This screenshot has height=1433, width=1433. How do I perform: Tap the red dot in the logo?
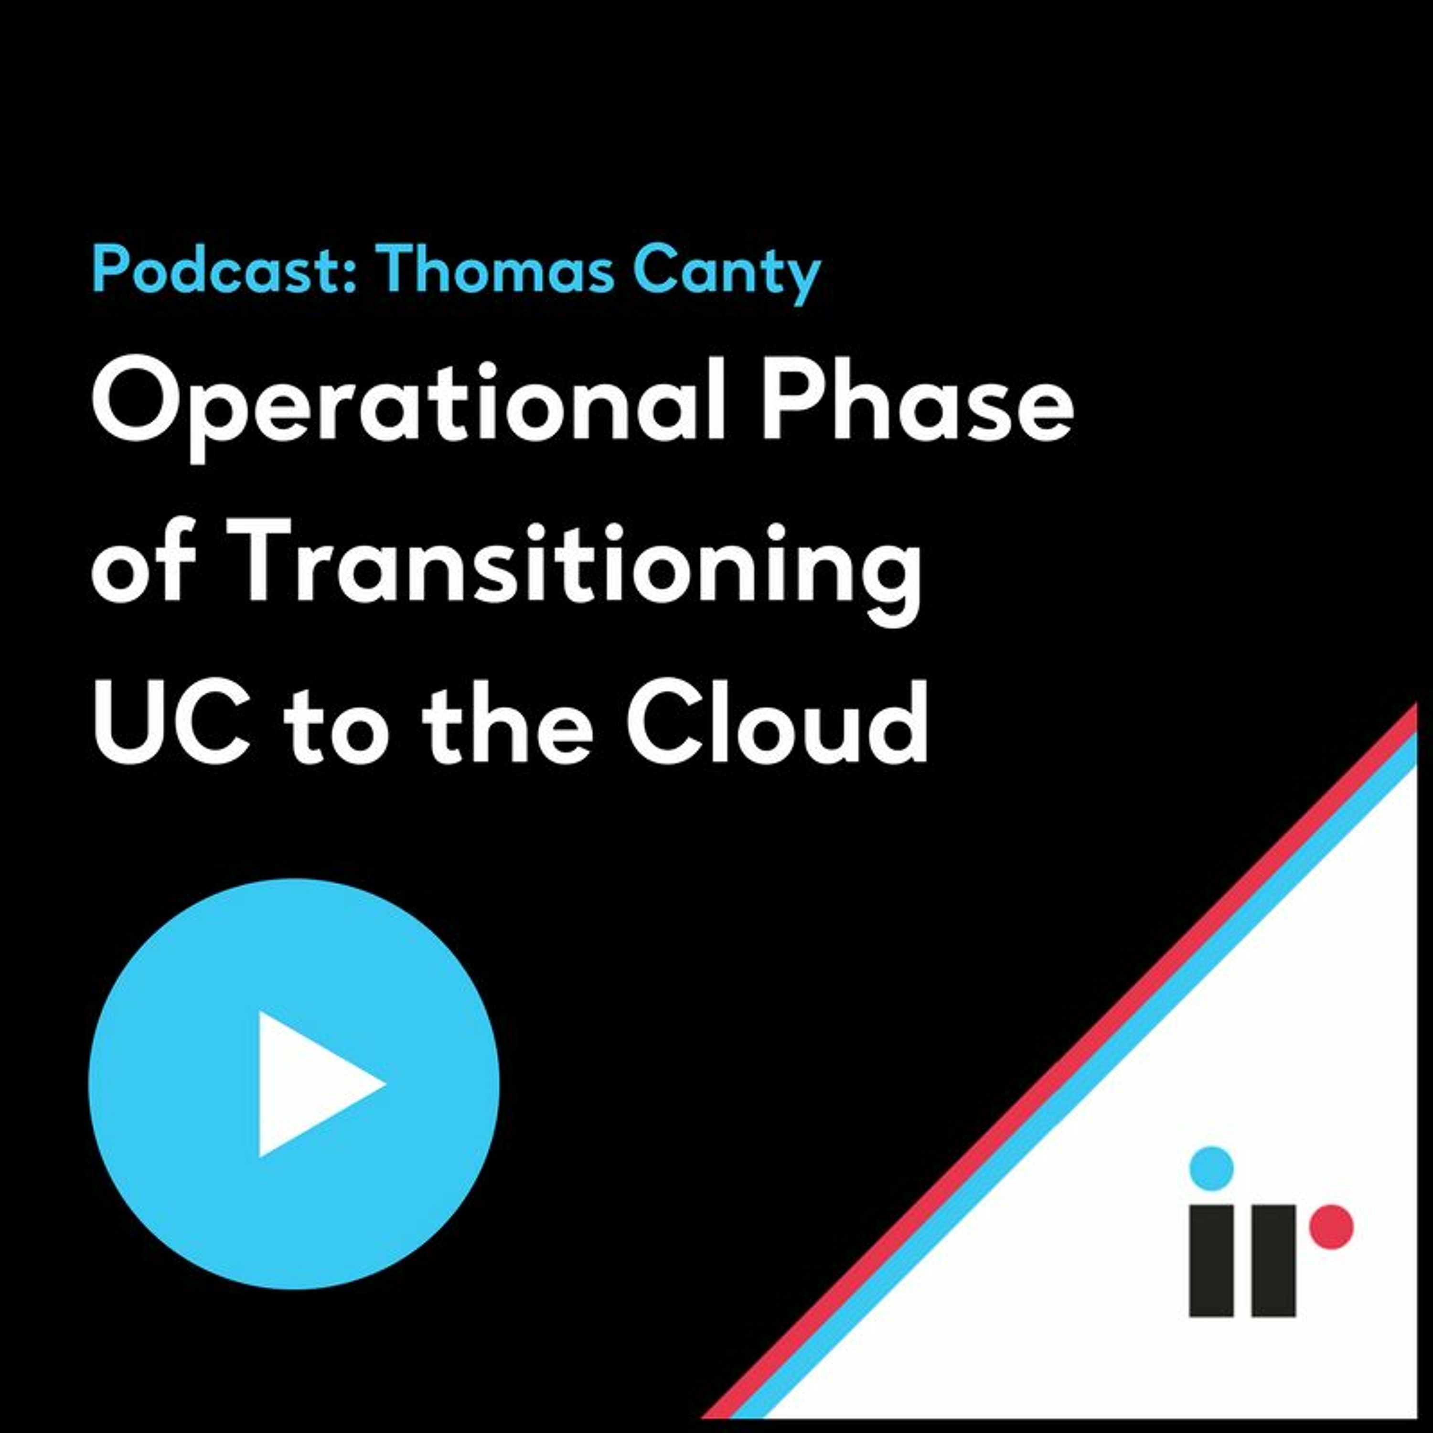(1331, 1227)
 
